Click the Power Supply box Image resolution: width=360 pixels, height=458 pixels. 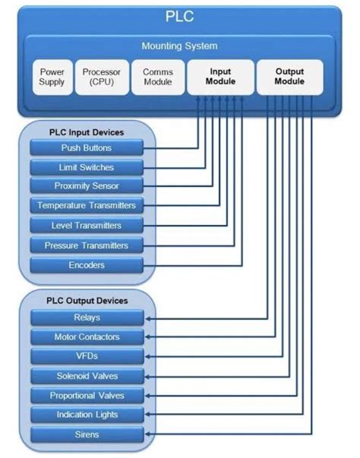pos(52,77)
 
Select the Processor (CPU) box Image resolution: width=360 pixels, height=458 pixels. pos(102,77)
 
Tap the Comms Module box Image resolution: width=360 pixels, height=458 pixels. pos(156,77)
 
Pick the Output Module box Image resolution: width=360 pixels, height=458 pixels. pos(289,77)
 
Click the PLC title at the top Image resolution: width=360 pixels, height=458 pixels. pos(179,16)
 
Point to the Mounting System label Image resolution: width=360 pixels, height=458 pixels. pos(179,46)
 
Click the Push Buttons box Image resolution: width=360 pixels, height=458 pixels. pos(87,147)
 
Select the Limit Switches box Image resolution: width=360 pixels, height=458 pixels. pos(87,166)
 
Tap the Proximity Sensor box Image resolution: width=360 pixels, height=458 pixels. pos(87,186)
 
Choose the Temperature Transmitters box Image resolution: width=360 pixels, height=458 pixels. pos(87,206)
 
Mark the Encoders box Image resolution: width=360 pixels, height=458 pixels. pos(87,265)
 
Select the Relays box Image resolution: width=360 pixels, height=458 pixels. pos(87,317)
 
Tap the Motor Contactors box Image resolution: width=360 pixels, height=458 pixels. pos(87,336)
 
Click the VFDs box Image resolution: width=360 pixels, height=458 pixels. pos(87,356)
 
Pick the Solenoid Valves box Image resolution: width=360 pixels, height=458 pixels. pos(87,376)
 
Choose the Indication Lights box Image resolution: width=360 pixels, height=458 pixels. pos(87,415)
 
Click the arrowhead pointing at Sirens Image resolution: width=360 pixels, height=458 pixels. pos(149,434)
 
